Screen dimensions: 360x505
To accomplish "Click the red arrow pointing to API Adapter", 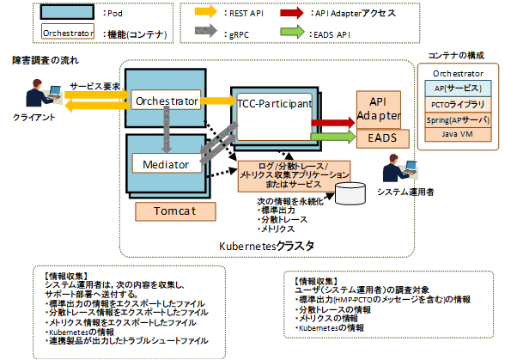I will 330,123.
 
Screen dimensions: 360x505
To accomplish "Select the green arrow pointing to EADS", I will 330,136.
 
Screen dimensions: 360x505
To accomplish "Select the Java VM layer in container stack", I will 458,134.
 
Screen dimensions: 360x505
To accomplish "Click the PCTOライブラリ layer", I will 458,103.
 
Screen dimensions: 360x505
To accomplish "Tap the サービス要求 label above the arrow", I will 94,87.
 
